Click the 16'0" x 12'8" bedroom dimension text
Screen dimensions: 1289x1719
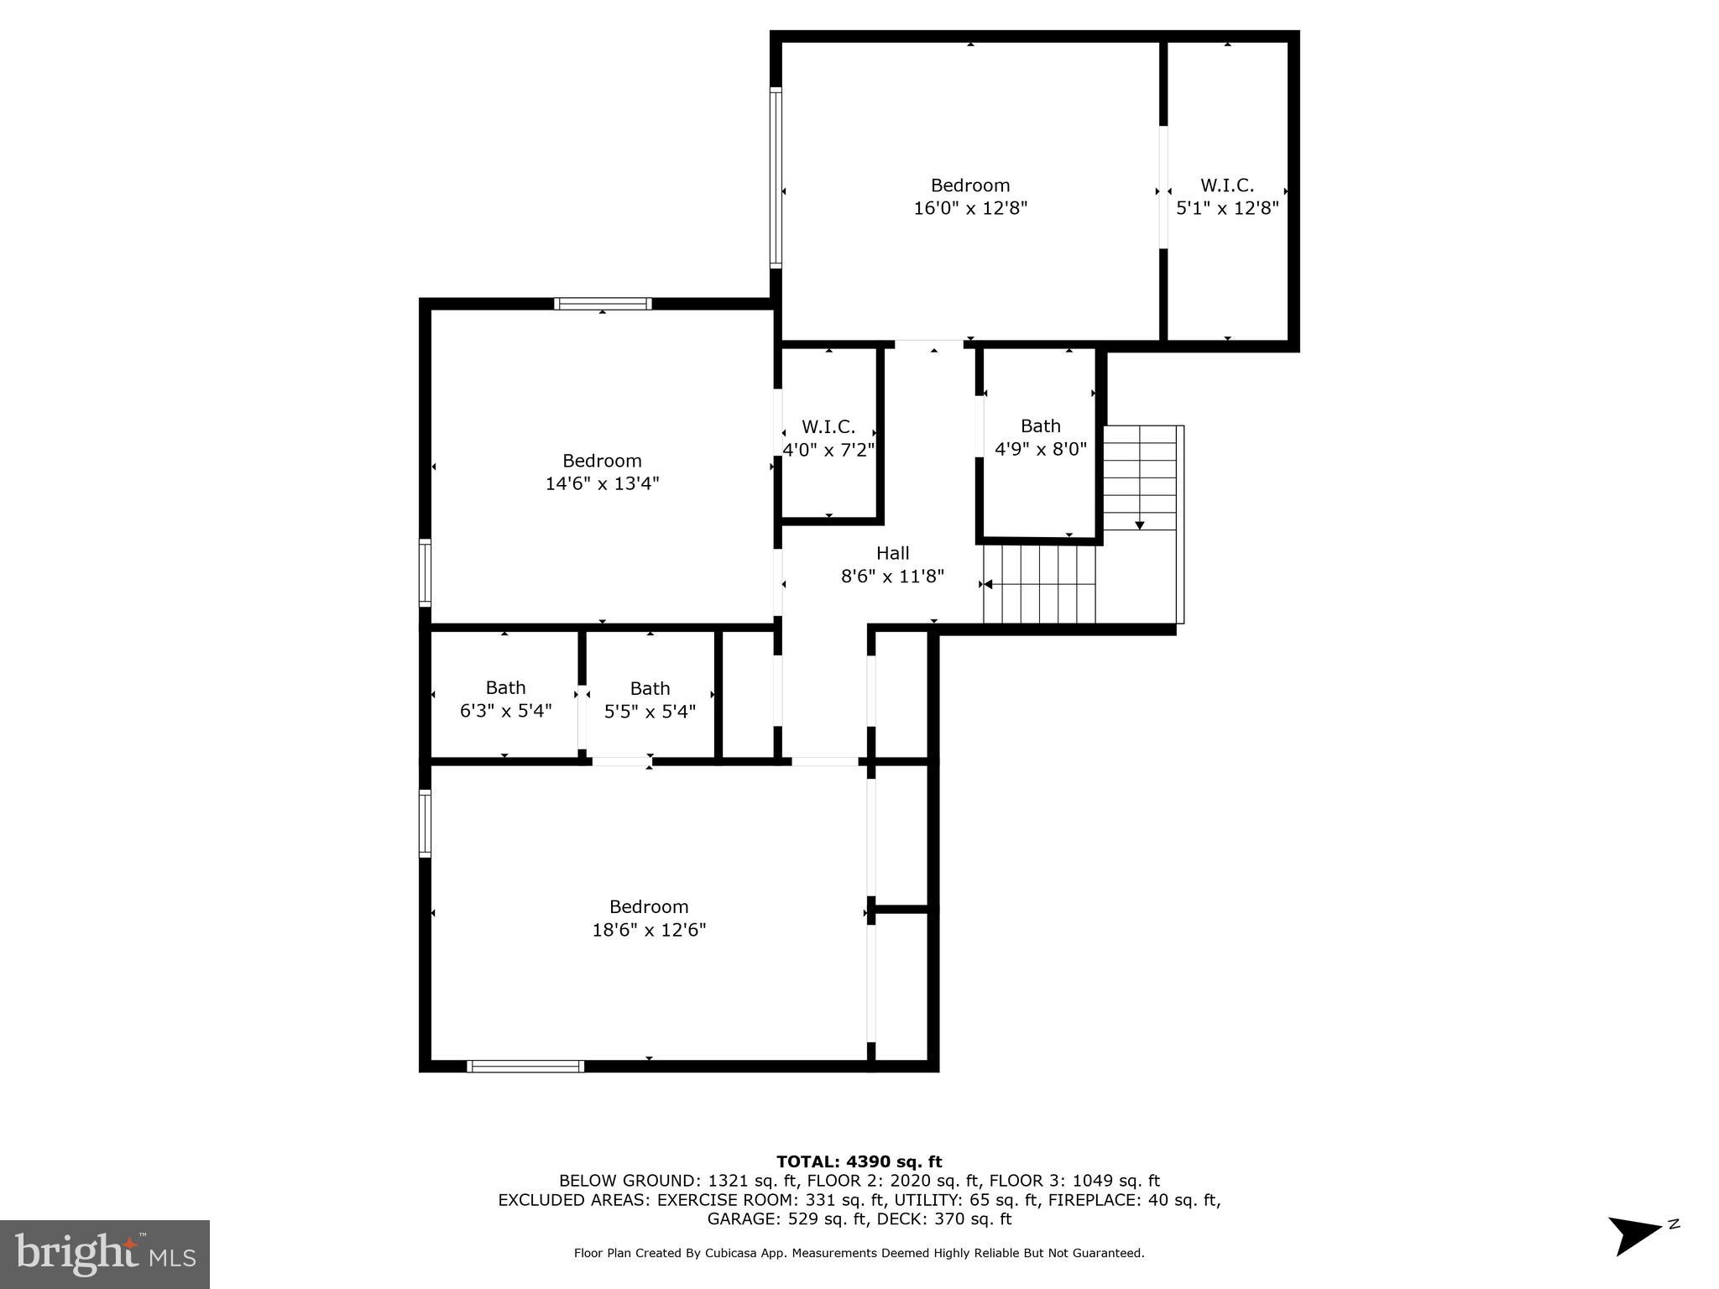point(970,208)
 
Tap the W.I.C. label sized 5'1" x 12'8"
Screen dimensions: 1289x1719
point(1226,185)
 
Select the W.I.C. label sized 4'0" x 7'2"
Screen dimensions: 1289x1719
point(828,427)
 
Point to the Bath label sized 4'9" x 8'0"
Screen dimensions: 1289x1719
point(1040,426)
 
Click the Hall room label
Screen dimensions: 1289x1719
point(892,553)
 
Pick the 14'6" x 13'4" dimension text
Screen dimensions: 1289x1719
point(602,483)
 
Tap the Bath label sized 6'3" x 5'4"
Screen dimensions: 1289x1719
point(505,688)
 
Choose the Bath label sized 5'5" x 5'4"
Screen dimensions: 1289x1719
point(650,689)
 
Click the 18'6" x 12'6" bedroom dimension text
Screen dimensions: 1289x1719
point(649,930)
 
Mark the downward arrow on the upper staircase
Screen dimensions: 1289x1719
point(1139,524)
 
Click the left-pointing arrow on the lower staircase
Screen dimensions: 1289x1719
point(988,584)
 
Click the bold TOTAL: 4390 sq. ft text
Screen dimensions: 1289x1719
point(859,1161)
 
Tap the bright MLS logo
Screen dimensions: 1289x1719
point(105,1254)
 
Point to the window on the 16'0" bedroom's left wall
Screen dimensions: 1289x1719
point(776,178)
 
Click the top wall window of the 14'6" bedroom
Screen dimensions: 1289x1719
point(602,304)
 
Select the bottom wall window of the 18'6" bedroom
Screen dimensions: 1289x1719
point(525,1066)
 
